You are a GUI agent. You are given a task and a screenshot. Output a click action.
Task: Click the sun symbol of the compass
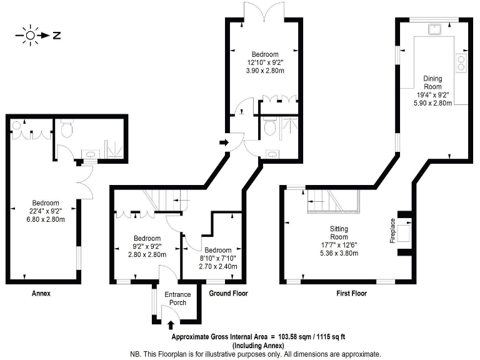click(x=29, y=36)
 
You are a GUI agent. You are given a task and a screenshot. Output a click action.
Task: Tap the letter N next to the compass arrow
click(x=56, y=36)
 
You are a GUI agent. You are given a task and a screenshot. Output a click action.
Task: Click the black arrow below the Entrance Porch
click(x=172, y=324)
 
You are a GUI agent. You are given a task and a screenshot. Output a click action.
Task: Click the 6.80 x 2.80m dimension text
click(x=46, y=219)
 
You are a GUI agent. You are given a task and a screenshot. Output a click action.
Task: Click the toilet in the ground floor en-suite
click(x=270, y=127)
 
